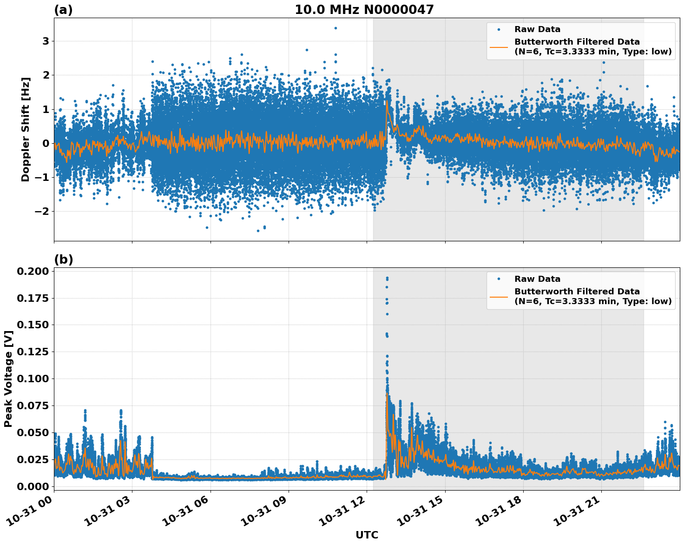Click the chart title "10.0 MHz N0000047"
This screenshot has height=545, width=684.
pos(364,10)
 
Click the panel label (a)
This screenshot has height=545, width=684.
pos(63,10)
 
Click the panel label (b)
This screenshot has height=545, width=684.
pos(63,259)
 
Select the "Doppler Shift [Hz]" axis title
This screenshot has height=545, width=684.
pos(26,129)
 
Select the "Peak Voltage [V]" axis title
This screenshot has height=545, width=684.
pos(8,379)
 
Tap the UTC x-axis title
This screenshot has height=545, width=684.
pos(367,535)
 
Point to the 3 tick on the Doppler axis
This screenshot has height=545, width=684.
pos(46,41)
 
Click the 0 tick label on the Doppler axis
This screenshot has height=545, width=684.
pos(46,143)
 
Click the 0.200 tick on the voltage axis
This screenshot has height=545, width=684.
pos(33,272)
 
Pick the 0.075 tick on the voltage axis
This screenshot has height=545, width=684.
pos(33,406)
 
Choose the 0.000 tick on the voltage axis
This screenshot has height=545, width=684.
pos(33,486)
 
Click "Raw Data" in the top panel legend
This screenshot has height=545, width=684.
pos(537,29)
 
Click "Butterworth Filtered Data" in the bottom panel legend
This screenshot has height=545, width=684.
pos(577,292)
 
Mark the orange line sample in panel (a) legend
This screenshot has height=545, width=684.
pos(499,47)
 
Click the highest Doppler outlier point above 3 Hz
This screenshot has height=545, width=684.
pos(335,28)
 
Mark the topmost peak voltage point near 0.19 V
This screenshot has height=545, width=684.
pos(387,278)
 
